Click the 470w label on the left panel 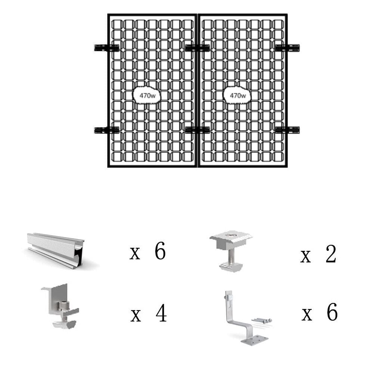click(x=147, y=95)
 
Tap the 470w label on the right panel click(x=237, y=95)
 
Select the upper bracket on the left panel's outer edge click(x=106, y=48)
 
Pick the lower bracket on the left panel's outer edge click(x=106, y=130)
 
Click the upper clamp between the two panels click(x=197, y=48)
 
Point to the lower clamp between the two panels click(x=197, y=130)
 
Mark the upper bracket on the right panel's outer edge click(x=287, y=48)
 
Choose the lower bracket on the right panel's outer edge click(x=287, y=130)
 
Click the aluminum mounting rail click(x=56, y=246)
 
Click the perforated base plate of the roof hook click(x=256, y=340)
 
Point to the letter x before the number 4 click(x=135, y=316)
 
